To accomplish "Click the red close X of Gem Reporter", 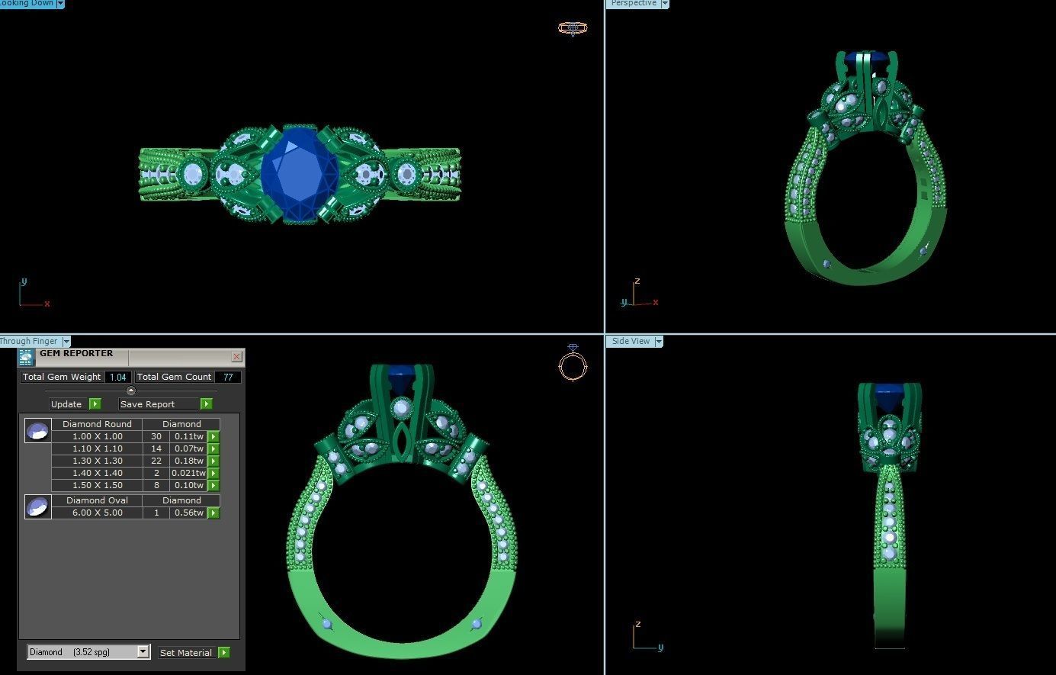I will tap(236, 356).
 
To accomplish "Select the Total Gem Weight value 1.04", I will tap(117, 377).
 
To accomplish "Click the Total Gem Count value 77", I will tap(228, 377).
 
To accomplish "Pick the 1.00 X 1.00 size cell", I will tap(97, 436).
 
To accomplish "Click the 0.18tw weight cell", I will tap(188, 461).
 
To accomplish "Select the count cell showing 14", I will tap(156, 448).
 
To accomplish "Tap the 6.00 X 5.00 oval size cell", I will tap(97, 513).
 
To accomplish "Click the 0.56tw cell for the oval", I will tap(188, 513).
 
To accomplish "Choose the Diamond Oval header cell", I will tap(97, 500).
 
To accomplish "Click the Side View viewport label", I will tap(631, 341).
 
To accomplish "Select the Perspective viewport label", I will tap(633, 4).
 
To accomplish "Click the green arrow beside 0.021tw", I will tap(213, 473).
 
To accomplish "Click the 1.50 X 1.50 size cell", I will tap(97, 485).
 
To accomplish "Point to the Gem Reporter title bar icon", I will tap(27, 357).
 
